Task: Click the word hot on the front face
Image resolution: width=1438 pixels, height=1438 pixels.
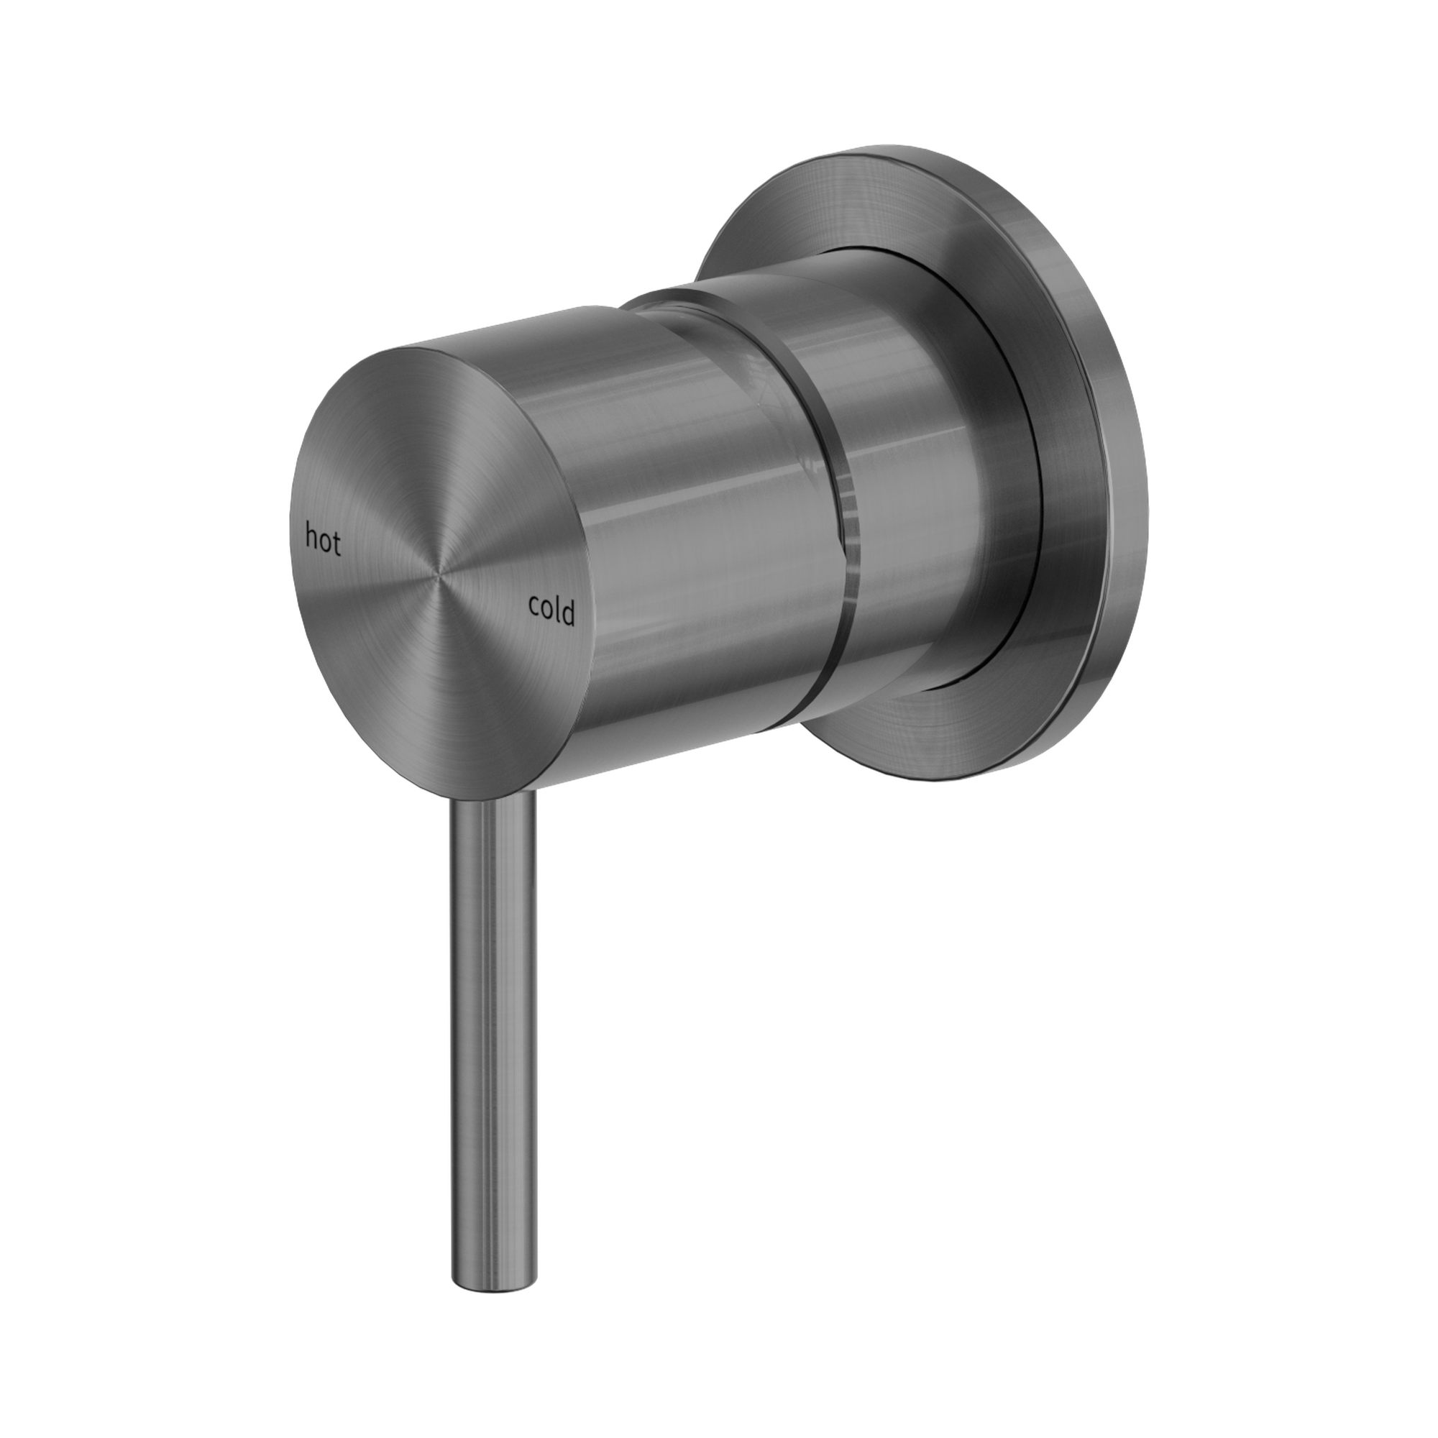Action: pos(323,541)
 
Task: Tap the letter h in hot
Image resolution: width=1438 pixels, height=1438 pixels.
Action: pos(312,537)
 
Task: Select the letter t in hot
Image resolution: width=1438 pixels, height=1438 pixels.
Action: pos(336,546)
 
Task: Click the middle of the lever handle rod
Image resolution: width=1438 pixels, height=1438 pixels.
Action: pos(493,968)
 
